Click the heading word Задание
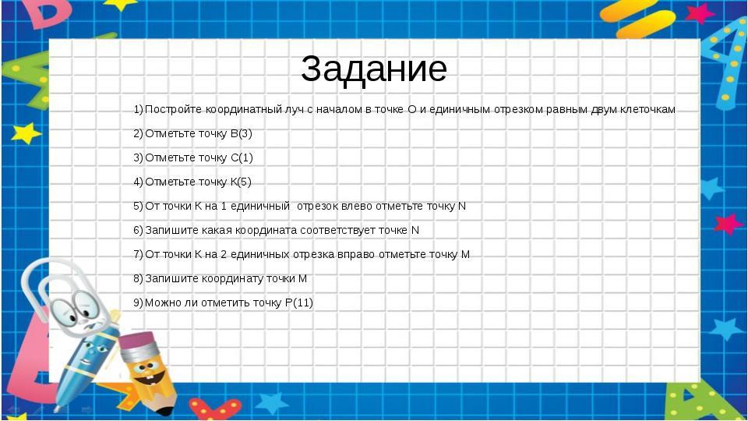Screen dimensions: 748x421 373,69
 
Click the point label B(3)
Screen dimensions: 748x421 241,133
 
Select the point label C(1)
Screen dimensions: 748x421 242,157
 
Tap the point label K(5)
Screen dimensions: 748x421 241,182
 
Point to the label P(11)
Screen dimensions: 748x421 299,302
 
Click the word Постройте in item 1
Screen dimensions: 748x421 173,109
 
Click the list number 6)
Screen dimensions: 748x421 139,230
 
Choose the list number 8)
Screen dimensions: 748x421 139,278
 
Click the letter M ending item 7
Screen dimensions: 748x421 465,254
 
